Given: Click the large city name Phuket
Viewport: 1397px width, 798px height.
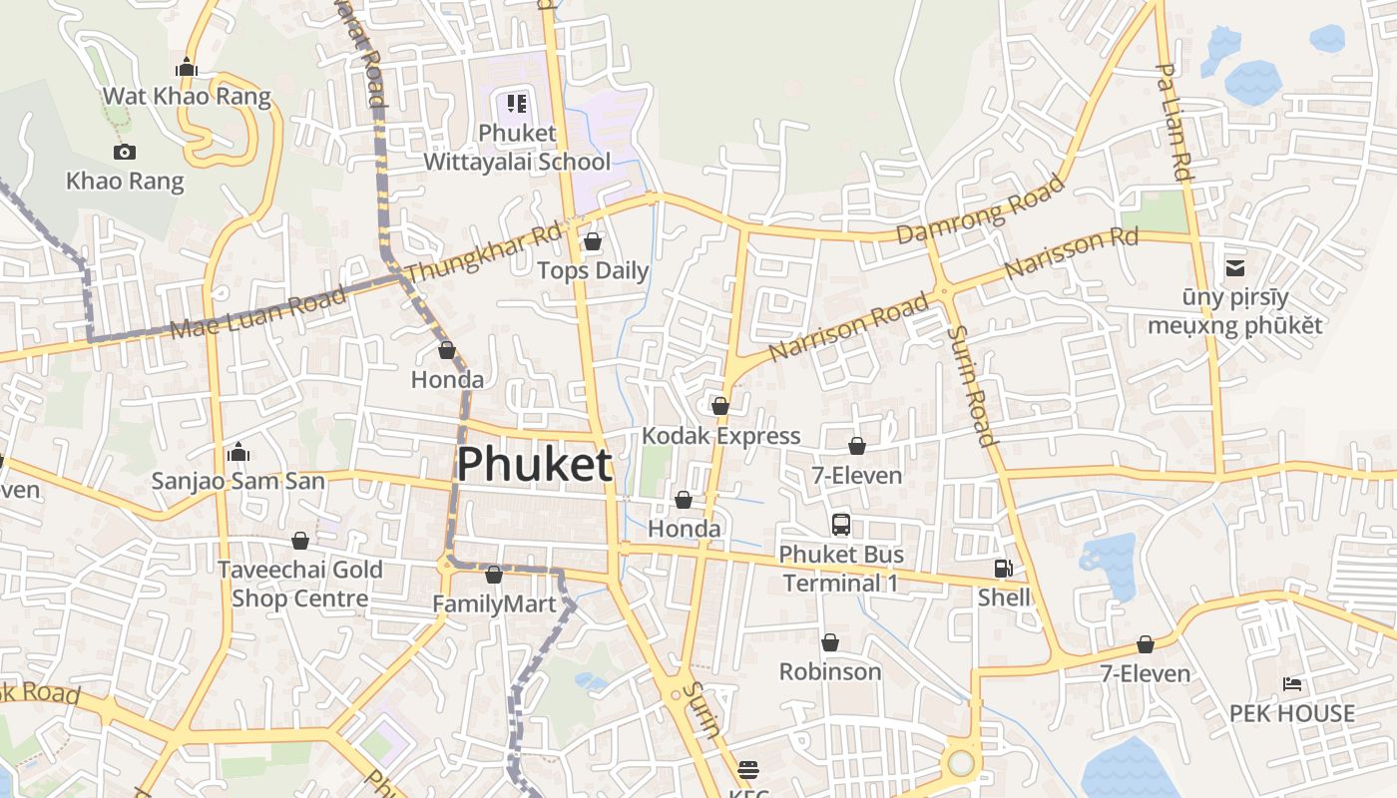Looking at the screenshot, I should (534, 465).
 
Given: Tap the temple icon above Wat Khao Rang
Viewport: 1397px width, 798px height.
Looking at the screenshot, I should (187, 68).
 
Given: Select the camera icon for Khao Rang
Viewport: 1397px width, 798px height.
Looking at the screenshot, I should (125, 152).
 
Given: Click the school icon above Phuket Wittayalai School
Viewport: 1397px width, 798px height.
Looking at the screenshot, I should (516, 103).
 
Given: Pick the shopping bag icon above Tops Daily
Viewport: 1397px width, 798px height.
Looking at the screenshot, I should (593, 241).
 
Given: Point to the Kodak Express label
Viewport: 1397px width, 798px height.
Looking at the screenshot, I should (720, 436).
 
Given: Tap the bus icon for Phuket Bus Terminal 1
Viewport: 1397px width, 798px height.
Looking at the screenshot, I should (841, 524).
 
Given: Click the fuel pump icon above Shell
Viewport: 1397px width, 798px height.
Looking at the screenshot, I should (1003, 569).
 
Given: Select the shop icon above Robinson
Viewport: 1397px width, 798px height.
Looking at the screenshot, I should (830, 642).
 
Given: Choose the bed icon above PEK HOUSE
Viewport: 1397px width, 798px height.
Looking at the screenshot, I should (1291, 684).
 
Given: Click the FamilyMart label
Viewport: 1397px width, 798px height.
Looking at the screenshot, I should (494, 604).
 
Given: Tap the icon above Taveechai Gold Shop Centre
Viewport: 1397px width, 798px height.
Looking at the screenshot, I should (300, 541).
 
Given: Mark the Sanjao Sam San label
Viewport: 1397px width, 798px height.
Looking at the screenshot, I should (237, 481).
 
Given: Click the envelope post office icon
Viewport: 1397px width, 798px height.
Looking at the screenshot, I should (1235, 267).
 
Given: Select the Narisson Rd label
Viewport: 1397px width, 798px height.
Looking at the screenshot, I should (1071, 253).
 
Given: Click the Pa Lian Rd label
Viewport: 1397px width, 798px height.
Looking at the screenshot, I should (1174, 122).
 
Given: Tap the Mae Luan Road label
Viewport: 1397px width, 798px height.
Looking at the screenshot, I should (257, 311).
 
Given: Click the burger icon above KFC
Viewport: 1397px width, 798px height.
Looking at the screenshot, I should (748, 769).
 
